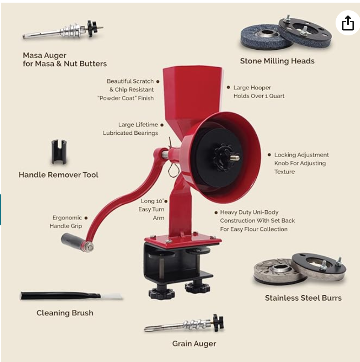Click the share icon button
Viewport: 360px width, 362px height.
pos(348,23)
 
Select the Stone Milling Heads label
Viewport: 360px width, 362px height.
pos(277,61)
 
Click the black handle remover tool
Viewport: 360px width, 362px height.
pos(59,152)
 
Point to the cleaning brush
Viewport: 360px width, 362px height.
pos(71,296)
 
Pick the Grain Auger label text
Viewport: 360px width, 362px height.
pos(194,344)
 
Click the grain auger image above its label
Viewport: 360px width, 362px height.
pos(184,324)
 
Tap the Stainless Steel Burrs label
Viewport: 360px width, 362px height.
pos(303,298)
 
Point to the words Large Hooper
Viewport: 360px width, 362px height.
pos(252,88)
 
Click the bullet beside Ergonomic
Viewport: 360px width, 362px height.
pos(86,218)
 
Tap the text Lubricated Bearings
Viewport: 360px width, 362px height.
pos(130,133)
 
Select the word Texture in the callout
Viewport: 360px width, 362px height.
pos(284,172)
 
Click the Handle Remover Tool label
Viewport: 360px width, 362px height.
pos(59,175)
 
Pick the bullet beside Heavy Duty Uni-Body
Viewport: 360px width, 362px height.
pos(216,212)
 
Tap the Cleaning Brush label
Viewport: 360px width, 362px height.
pos(65,313)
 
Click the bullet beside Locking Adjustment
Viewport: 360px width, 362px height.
pos(269,155)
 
